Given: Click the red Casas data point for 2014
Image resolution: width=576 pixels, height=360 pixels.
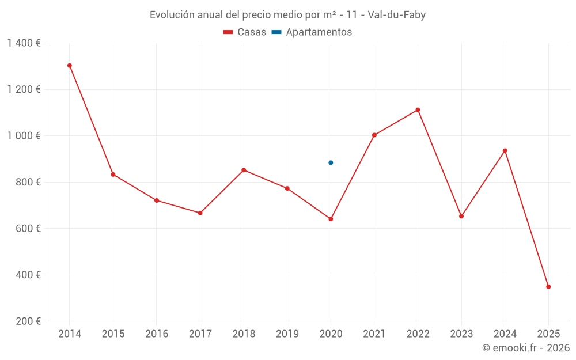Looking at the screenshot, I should tap(70, 66).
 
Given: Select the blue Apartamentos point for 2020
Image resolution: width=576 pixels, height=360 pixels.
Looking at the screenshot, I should tap(331, 162).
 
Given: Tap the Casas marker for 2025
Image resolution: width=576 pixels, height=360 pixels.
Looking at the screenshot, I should tap(548, 286).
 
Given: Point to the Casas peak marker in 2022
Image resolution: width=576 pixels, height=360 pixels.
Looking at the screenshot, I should tap(418, 109).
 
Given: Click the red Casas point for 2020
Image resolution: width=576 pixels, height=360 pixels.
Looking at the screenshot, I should tap(331, 219).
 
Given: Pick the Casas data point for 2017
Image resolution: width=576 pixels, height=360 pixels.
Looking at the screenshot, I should tap(200, 213).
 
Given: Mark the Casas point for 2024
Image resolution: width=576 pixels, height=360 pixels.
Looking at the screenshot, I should tap(505, 151).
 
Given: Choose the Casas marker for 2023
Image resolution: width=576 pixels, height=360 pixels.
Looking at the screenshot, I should tap(461, 216).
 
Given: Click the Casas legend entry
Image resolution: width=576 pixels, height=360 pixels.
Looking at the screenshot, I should tap(245, 32).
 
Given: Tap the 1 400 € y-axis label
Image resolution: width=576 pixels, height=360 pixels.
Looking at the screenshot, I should tap(24, 43).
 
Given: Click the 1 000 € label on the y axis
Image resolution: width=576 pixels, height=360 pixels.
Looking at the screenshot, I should tap(24, 136).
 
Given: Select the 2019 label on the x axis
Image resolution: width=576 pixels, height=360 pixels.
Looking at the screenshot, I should tap(287, 334).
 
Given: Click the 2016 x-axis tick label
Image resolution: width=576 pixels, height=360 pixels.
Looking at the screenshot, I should tap(157, 334).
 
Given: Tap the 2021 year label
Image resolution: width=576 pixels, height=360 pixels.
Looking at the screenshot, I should tap(374, 334).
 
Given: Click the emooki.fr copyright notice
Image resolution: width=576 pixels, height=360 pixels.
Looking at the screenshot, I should tap(525, 348).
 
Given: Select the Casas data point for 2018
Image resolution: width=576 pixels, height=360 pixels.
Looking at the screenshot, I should tap(244, 170).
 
